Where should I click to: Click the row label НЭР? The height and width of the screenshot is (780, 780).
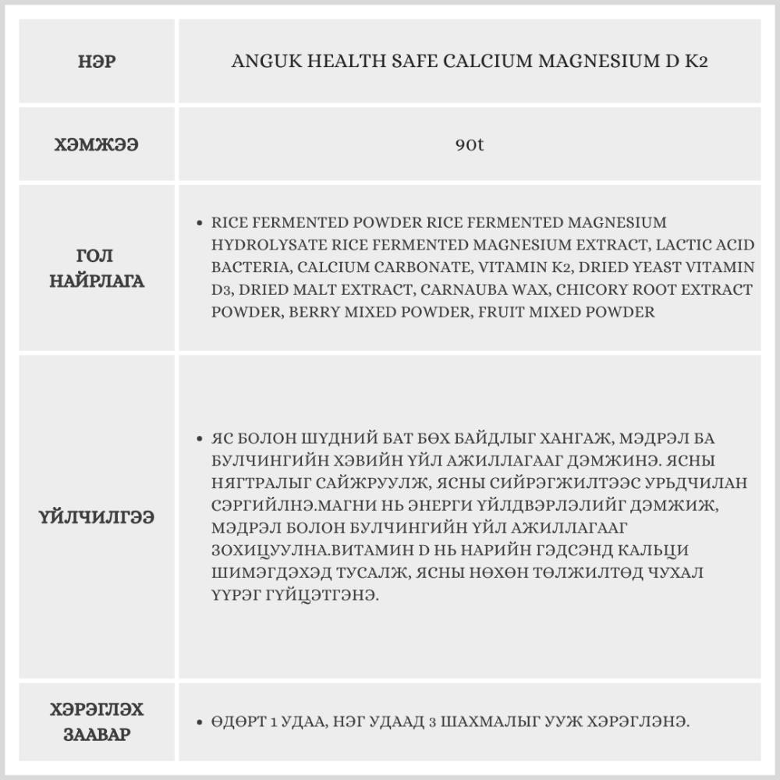[98, 62]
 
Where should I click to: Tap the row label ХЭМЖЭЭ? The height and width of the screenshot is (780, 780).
[98, 145]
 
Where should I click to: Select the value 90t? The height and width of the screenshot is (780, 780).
[470, 145]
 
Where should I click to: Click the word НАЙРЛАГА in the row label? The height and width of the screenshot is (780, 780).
[98, 281]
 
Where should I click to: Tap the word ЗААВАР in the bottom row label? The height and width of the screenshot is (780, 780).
[98, 735]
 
